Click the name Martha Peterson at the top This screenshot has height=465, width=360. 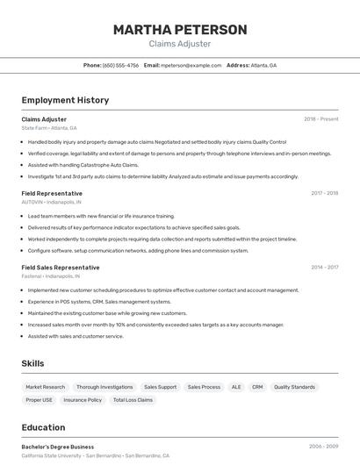tap(180, 30)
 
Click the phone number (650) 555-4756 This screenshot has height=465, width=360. tap(120, 65)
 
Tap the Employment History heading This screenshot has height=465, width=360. tap(65, 100)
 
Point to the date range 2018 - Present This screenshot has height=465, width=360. tap(320, 118)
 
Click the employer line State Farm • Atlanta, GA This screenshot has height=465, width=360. tap(48, 128)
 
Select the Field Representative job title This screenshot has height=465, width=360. tap(52, 193)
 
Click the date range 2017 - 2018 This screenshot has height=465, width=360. tap(324, 193)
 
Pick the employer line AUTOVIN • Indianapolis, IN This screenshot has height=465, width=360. tap(51, 202)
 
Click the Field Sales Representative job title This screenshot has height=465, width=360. tap(61, 267)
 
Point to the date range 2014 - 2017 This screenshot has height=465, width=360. tap(324, 267)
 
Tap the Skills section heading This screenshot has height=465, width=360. tap(33, 363)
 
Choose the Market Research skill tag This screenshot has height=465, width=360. tap(46, 387)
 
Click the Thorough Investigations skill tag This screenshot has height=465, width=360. tap(104, 387)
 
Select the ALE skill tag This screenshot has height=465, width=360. tap(236, 387)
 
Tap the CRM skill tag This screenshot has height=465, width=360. tap(257, 387)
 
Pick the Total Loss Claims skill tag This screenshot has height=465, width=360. tap(133, 400)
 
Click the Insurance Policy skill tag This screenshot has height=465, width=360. tap(83, 400)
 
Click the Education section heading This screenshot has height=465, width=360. tap(43, 427)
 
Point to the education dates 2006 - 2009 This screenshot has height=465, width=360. tap(323, 447)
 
